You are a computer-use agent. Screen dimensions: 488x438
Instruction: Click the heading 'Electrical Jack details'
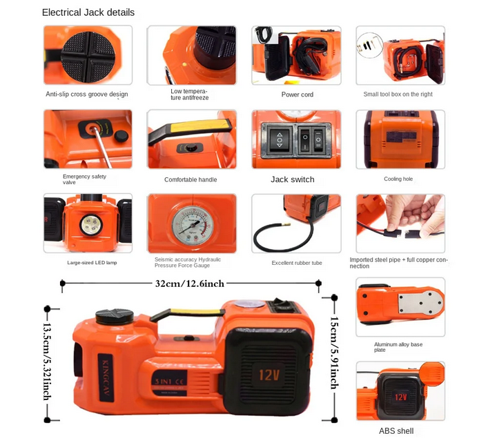point(88,12)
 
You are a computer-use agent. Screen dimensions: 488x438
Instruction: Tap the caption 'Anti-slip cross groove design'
point(87,94)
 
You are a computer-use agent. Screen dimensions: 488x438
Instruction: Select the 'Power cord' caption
point(297,94)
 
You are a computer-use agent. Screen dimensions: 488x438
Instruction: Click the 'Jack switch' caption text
point(293,179)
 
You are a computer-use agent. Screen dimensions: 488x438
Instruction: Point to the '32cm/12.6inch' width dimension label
point(190,283)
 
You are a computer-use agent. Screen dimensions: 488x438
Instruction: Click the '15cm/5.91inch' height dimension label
point(334,352)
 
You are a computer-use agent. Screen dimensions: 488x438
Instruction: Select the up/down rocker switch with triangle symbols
point(280,140)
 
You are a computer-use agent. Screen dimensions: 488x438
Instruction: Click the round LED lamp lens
point(91,225)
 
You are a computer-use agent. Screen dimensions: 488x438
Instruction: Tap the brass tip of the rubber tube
point(286,224)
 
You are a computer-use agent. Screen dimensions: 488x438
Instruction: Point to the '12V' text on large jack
point(269,375)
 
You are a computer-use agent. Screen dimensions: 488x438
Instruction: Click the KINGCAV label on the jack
point(106,377)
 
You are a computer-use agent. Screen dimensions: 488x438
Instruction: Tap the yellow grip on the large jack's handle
point(195,312)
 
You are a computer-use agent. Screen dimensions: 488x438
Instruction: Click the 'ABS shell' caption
point(396,431)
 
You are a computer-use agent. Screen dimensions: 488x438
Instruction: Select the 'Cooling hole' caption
point(398,179)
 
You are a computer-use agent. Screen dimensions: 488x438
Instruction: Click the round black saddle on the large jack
point(114,317)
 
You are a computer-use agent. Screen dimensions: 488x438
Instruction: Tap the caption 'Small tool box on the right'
point(398,94)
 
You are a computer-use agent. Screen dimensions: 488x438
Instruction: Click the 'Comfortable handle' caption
point(191,179)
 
